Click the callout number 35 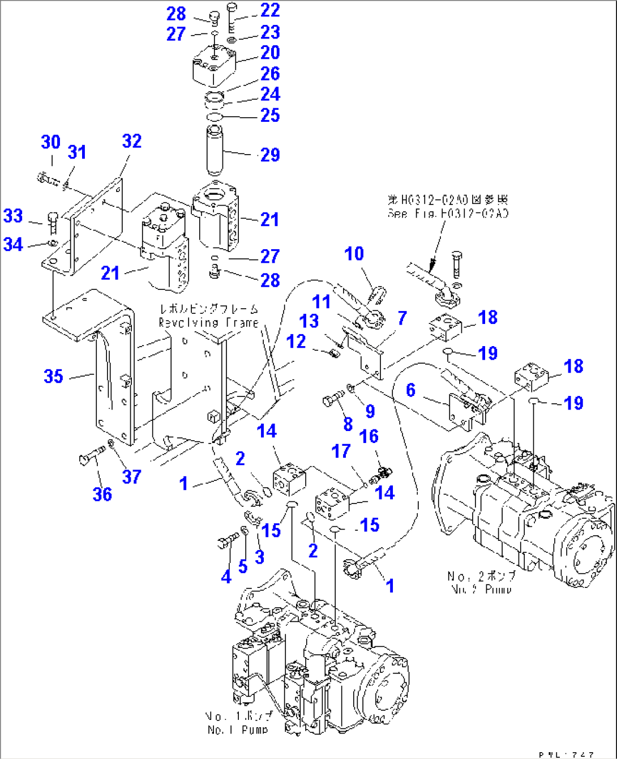pyautogui.click(x=53, y=376)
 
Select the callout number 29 pyautogui.click(x=270, y=155)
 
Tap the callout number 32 pyautogui.click(x=131, y=141)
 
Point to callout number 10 pyautogui.click(x=354, y=254)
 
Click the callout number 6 pyautogui.click(x=410, y=390)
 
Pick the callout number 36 pyautogui.click(x=102, y=494)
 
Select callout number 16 pyautogui.click(x=369, y=436)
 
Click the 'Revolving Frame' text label pyautogui.click(x=208, y=322)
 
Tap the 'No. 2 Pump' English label pyautogui.click(x=481, y=589)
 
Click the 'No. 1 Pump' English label pyautogui.click(x=238, y=730)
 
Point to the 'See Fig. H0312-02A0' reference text pyautogui.click(x=448, y=213)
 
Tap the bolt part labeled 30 pyautogui.click(x=48, y=180)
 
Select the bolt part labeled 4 pyautogui.click(x=226, y=543)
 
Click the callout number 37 pyautogui.click(x=131, y=477)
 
